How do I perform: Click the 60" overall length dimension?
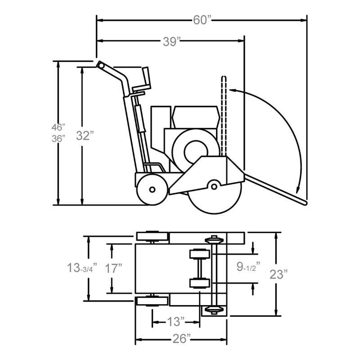point(202,20)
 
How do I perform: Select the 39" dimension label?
point(171,42)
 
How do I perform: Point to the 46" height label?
point(58,127)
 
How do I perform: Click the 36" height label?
point(58,139)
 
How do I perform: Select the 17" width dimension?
point(114,269)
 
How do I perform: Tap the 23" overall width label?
point(279,274)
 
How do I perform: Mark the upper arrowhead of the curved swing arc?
point(232,90)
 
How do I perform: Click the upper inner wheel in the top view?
point(200,255)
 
